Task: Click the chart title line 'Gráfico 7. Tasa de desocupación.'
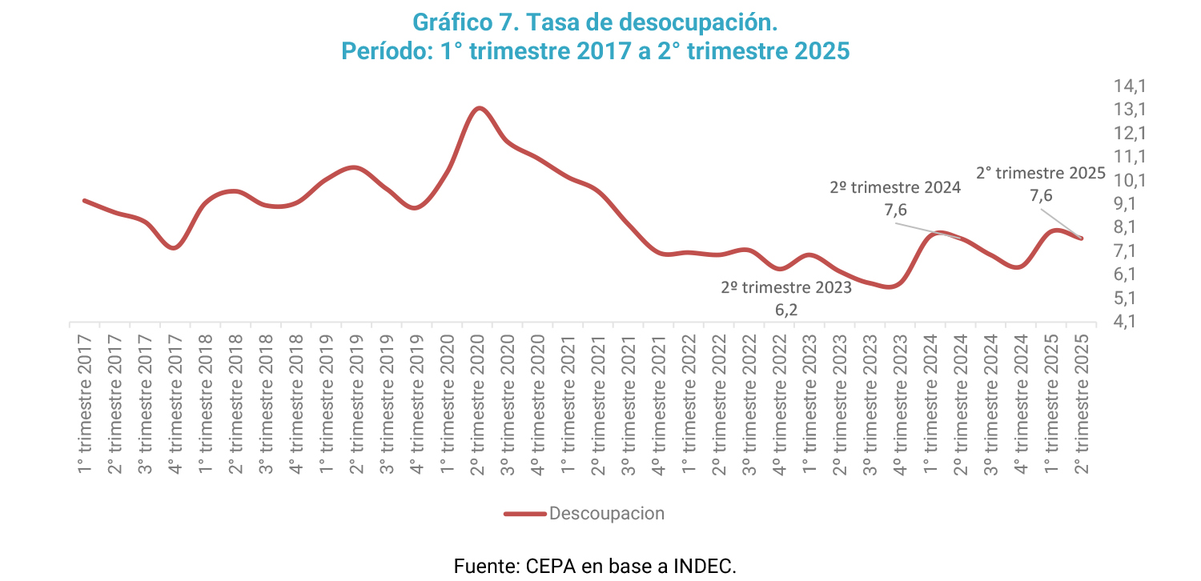595,22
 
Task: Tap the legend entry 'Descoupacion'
606,513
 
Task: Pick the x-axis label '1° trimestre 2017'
85,407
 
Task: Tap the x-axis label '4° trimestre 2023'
900,407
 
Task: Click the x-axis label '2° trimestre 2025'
1082,407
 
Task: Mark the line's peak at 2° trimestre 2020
479,108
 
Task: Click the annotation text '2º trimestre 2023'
785,287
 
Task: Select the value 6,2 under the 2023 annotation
785,310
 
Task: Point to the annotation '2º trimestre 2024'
894,188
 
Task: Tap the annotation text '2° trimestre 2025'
1041,173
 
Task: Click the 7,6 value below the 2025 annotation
1041,196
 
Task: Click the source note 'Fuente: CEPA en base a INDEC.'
595,566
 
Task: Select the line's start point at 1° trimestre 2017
85,200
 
